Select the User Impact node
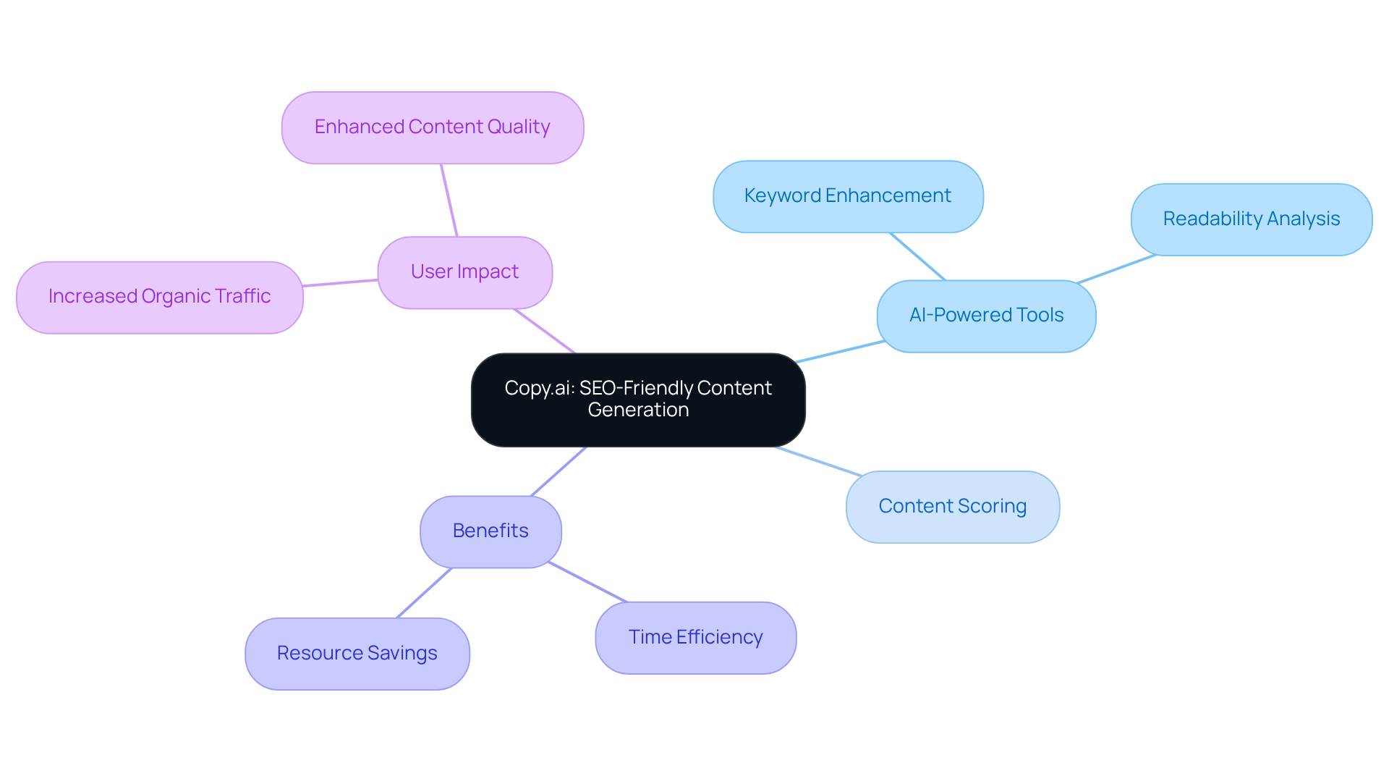pyautogui.click(x=464, y=272)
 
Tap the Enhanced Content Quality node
pyautogui.click(x=432, y=127)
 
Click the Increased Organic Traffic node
pyautogui.click(x=159, y=297)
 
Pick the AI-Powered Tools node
pyautogui.click(x=985, y=316)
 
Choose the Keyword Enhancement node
pyautogui.click(x=847, y=196)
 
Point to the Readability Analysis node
pyautogui.click(x=1251, y=219)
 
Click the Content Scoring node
pyautogui.click(x=952, y=507)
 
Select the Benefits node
pyautogui.click(x=490, y=531)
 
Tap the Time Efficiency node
pyautogui.click(x=695, y=638)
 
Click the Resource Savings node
pyautogui.click(x=357, y=654)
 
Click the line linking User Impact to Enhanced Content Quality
pyautogui.click(x=449, y=201)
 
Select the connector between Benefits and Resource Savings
pyautogui.click(x=425, y=593)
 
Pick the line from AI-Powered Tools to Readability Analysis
pyautogui.click(x=1116, y=269)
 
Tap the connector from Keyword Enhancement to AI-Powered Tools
pyautogui.click(x=917, y=256)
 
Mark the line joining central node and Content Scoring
pyautogui.click(x=818, y=461)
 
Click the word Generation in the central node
pyautogui.click(x=638, y=410)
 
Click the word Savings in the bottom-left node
pyautogui.click(x=402, y=654)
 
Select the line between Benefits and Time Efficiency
pyautogui.click(x=587, y=582)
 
